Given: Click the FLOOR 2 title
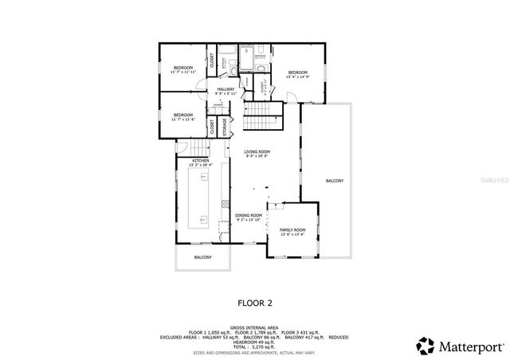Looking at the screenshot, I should pos(255,303).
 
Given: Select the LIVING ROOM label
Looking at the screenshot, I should pos(257,151).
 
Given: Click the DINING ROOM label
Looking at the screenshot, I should pos(249,216).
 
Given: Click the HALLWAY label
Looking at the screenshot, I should pos(226,89).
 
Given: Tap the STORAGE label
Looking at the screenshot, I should pos(224,126).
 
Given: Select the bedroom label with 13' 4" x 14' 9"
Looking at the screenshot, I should pos(298,72).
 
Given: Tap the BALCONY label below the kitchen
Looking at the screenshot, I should pos(203,257).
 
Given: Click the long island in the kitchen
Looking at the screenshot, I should pos(198,195).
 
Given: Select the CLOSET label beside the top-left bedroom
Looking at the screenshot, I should pos(212,61).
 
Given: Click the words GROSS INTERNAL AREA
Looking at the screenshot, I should pos(253,327).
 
